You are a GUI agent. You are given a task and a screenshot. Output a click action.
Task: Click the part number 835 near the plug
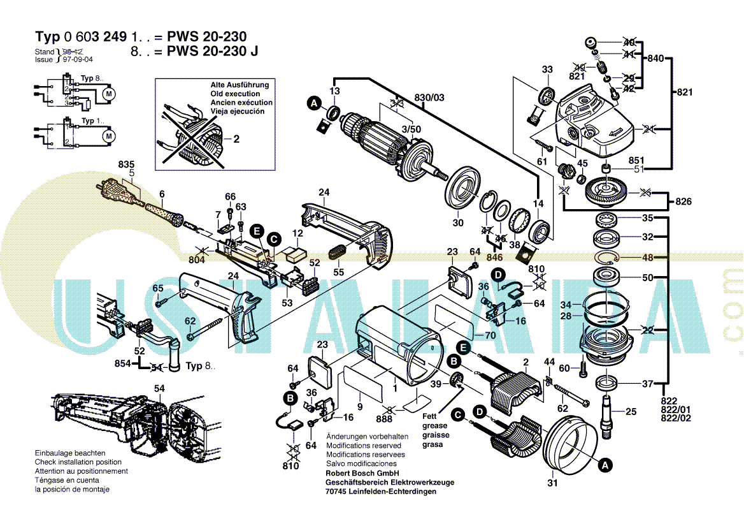click(126, 164)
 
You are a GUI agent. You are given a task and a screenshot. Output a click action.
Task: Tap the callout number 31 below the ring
click(552, 483)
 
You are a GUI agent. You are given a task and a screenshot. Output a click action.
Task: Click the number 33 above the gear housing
click(547, 69)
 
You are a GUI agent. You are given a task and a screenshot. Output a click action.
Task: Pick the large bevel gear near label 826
click(605, 190)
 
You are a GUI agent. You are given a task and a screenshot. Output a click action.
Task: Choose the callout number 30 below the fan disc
click(458, 223)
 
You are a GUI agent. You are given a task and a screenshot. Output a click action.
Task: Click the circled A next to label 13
click(313, 102)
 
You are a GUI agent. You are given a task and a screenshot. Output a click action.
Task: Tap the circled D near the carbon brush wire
click(499, 275)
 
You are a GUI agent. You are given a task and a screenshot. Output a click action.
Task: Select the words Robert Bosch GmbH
click(362, 473)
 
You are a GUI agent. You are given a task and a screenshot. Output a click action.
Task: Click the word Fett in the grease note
click(430, 415)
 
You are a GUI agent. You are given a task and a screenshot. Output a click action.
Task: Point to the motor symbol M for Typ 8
click(108, 94)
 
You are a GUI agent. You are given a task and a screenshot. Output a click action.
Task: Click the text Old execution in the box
click(235, 94)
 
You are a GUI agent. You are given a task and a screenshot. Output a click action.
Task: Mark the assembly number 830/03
click(430, 97)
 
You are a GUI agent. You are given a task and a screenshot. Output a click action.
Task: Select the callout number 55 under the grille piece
click(338, 272)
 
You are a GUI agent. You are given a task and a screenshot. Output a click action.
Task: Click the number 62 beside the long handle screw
click(190, 321)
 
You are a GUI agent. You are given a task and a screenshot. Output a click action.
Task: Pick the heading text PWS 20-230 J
click(212, 52)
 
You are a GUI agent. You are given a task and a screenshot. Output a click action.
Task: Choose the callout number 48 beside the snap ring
click(647, 258)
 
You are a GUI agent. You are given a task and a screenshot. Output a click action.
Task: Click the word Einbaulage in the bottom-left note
click(53, 453)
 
